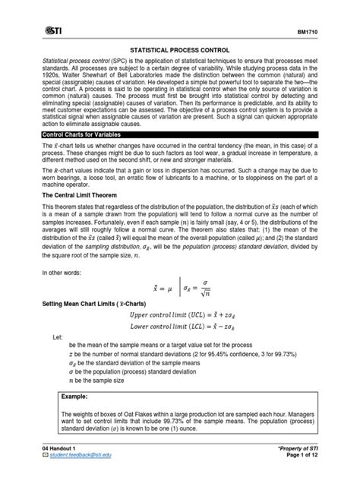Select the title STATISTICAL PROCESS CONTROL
[x=181, y=48]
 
